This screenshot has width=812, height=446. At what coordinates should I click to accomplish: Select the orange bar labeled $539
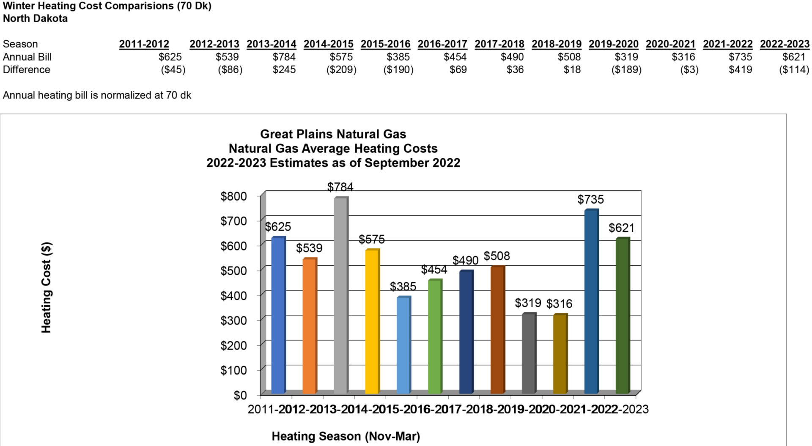[309, 326]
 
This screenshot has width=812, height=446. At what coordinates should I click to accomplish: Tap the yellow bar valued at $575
[372, 322]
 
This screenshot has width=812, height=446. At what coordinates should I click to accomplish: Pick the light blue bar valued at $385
[403, 345]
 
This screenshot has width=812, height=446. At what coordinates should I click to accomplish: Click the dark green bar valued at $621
[622, 316]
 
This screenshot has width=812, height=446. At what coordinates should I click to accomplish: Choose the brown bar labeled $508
[497, 330]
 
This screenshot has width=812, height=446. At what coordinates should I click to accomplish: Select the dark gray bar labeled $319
[528, 353]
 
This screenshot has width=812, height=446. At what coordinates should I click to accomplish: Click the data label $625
[278, 227]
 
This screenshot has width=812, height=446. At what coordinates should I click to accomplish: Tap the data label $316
[559, 304]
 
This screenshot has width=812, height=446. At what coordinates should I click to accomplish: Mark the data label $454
[434, 270]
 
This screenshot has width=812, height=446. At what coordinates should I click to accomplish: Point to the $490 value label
[465, 260]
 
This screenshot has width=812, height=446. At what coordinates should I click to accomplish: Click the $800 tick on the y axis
[233, 196]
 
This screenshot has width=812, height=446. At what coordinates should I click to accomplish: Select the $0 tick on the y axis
[240, 395]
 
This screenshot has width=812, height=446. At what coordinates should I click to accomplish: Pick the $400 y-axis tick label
[233, 295]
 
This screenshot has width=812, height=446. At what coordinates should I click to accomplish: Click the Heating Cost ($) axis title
[46, 287]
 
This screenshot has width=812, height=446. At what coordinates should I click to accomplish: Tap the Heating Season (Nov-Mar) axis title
[346, 436]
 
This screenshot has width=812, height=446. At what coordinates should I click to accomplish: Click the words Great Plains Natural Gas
[333, 134]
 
